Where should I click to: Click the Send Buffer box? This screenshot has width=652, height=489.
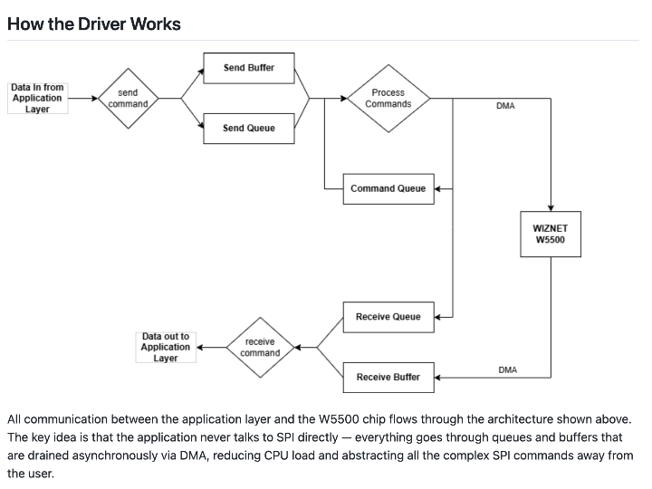tap(249, 68)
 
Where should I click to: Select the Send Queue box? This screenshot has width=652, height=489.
tap(249, 128)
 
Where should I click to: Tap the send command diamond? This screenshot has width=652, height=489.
tap(128, 98)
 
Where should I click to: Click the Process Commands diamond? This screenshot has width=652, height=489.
tap(388, 98)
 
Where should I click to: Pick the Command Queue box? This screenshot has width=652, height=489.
tap(388, 188)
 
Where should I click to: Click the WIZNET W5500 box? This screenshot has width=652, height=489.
tap(551, 235)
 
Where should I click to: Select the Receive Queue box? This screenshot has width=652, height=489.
tap(388, 317)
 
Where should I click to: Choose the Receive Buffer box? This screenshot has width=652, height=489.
tap(388, 377)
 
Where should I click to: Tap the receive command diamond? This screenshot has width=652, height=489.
tap(260, 347)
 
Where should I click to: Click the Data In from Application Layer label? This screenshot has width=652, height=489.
tap(37, 98)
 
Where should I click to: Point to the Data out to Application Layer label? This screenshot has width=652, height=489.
tap(166, 347)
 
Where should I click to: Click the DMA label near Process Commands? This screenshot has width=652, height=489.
tap(505, 106)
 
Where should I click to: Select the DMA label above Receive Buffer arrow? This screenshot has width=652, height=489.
tap(508, 369)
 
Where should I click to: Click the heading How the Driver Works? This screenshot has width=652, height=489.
tap(94, 24)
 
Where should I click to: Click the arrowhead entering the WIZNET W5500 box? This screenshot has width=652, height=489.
tap(551, 208)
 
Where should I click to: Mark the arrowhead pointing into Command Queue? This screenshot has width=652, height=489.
tap(437, 188)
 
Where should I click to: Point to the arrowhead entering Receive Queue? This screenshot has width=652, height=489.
tap(437, 317)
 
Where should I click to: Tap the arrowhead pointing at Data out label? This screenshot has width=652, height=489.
tap(200, 347)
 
